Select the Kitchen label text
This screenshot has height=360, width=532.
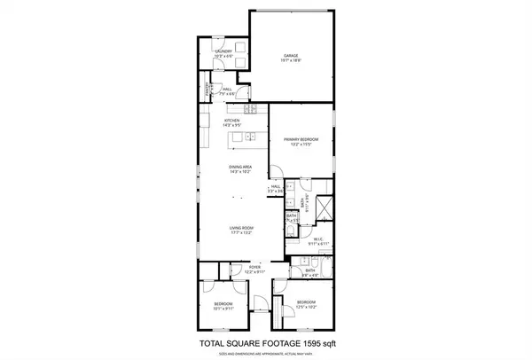[232, 122]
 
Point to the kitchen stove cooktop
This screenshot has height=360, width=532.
[251, 110]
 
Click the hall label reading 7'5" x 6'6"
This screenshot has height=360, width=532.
[227, 90]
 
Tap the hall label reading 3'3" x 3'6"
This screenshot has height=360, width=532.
[276, 189]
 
